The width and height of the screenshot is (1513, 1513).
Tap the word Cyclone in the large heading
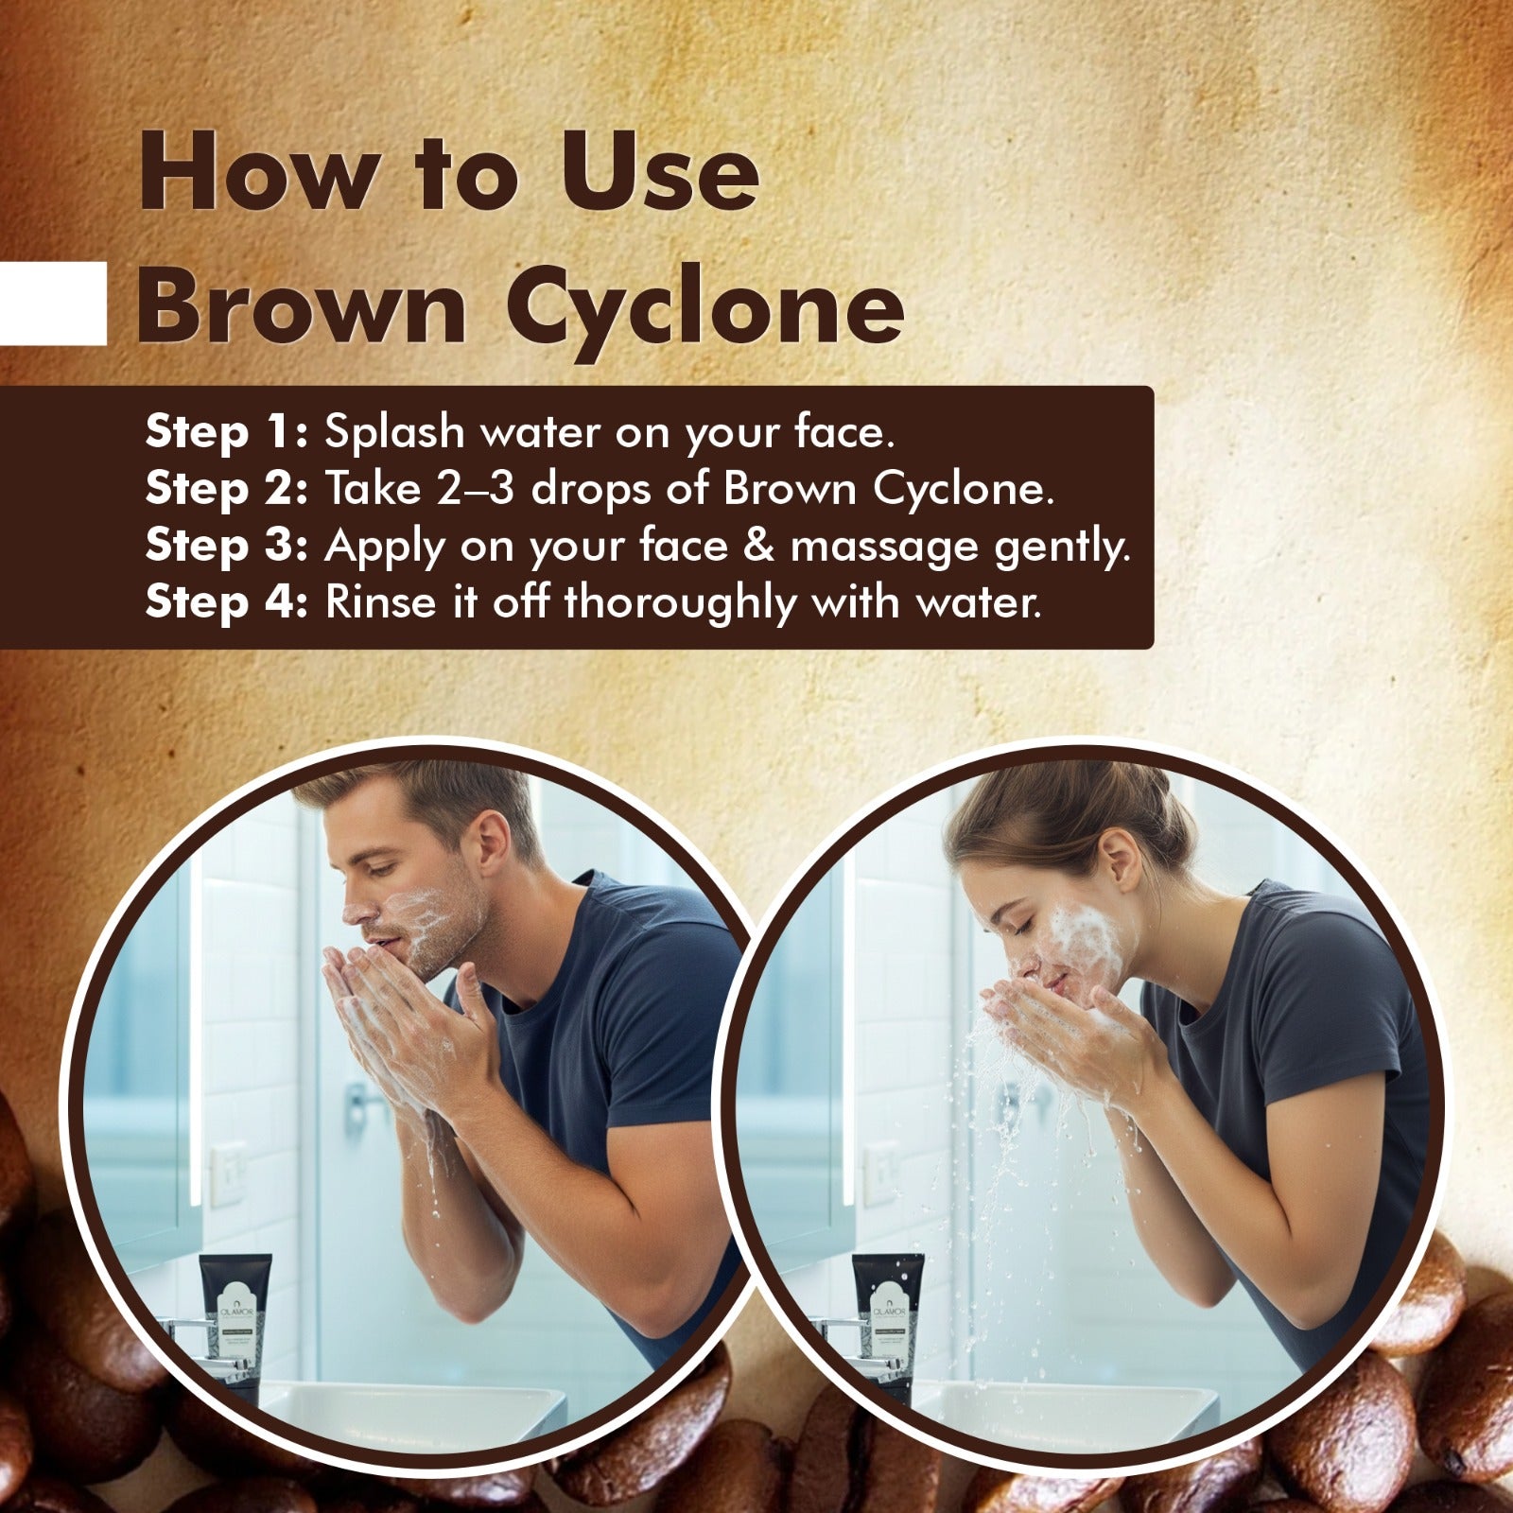coord(713,309)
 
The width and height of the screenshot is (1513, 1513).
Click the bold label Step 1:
coord(227,432)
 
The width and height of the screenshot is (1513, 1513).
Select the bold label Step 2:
coord(227,489)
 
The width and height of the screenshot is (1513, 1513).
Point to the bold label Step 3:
coord(227,547)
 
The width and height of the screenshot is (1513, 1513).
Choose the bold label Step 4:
coord(227,603)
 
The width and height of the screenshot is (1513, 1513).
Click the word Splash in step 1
coord(394,432)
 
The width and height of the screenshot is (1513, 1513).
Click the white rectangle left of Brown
coord(53,304)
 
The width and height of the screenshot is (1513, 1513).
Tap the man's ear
coord(495,837)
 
